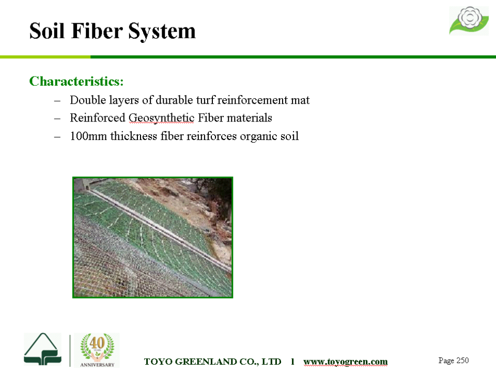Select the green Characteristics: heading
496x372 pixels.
(76, 81)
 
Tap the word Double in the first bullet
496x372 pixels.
(88, 100)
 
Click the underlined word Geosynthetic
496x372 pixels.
(161, 118)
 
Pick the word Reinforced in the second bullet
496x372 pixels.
(98, 118)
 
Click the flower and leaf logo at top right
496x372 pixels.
(469, 20)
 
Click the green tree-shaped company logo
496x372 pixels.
(42, 349)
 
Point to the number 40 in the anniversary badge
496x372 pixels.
(97, 343)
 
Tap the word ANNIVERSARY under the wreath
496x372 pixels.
(97, 365)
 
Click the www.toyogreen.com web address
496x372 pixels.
(346, 362)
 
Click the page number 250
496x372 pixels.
(462, 360)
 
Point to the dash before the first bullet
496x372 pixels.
(57, 101)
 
